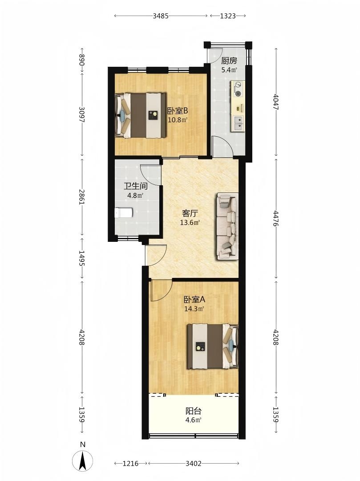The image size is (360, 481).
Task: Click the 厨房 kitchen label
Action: click(x=229, y=61)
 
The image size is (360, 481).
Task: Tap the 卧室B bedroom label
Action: click(x=178, y=110)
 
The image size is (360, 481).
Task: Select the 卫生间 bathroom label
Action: click(x=135, y=186)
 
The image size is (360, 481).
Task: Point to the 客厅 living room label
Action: click(x=190, y=213)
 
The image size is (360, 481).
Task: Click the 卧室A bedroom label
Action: click(x=194, y=299)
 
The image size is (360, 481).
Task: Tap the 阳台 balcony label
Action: click(x=193, y=411)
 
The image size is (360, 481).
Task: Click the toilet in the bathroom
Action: click(x=124, y=212)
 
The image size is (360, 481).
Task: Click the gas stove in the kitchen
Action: click(x=238, y=89)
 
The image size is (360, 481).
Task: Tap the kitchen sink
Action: click(x=238, y=123)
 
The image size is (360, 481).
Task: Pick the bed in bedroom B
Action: click(x=141, y=115)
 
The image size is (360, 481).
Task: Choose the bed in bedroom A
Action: click(x=213, y=346)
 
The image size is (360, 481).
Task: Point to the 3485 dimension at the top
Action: click(x=161, y=16)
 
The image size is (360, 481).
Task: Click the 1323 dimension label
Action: click(x=228, y=16)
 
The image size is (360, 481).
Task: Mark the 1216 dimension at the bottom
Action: click(x=131, y=463)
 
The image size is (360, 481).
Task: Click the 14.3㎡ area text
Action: click(x=194, y=309)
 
